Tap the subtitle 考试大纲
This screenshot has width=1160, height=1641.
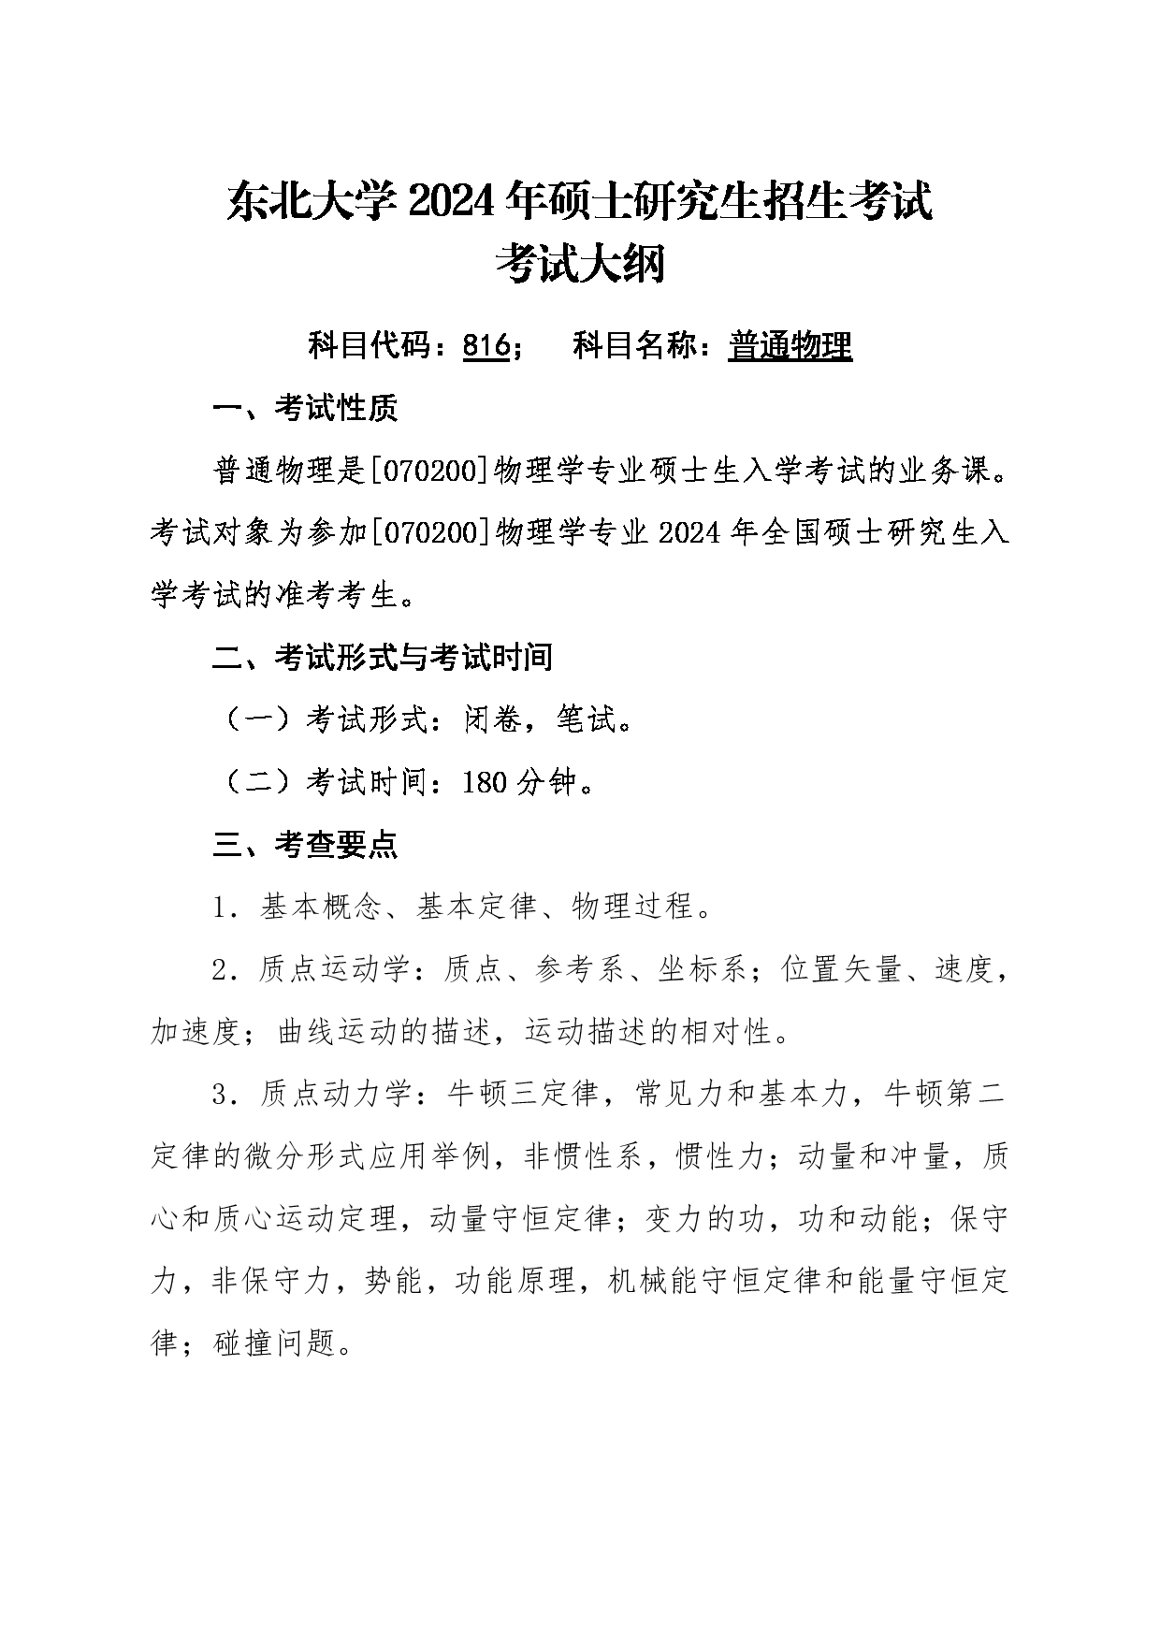(x=580, y=263)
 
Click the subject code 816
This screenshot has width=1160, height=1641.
(x=486, y=346)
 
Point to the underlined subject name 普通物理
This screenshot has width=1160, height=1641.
(x=790, y=346)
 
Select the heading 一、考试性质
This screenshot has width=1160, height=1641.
(x=305, y=408)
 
